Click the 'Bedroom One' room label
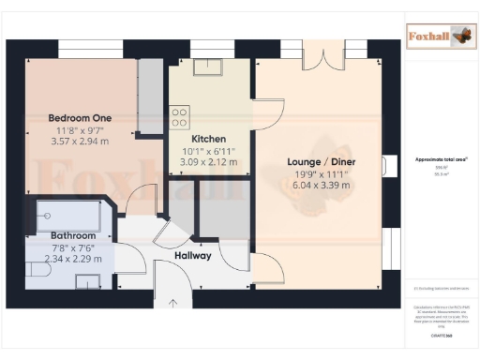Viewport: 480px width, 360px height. point(80,117)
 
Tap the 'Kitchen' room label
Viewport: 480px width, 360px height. point(208,138)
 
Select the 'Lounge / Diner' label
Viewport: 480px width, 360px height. point(321,161)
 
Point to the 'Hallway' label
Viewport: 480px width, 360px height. point(192,255)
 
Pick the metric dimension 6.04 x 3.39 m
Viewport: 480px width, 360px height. point(321,185)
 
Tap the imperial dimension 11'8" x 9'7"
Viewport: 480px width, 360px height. point(80,129)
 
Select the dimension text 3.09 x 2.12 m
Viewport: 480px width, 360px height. point(208,161)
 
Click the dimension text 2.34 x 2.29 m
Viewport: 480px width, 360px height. point(70,259)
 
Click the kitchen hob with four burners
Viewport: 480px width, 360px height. point(179,116)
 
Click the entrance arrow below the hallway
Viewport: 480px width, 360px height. point(172,303)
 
